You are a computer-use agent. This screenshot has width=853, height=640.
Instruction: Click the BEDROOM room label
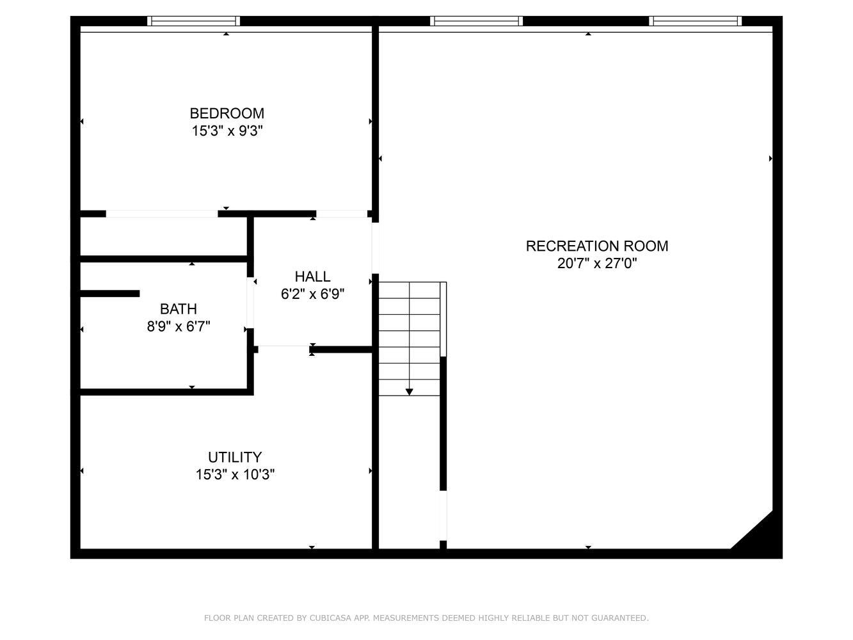(x=227, y=113)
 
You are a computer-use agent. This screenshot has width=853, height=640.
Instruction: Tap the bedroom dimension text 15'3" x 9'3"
(x=227, y=131)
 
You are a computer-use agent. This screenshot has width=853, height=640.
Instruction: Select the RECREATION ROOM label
(x=597, y=246)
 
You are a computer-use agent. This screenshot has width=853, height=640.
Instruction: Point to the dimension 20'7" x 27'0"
(x=597, y=264)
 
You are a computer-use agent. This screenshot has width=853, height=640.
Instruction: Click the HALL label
(x=312, y=276)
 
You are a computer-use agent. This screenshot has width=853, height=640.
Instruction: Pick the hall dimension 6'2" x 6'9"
(x=312, y=294)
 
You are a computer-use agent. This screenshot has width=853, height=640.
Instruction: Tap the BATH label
(x=179, y=309)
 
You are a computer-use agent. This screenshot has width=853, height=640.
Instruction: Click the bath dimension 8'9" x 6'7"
(x=179, y=326)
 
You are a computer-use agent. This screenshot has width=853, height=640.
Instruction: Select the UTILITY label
(x=235, y=457)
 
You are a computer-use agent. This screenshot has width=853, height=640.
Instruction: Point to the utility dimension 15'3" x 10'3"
(x=235, y=474)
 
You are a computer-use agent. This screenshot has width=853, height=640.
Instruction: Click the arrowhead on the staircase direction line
(x=409, y=392)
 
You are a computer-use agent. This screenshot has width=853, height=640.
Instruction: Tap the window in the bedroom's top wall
(x=193, y=21)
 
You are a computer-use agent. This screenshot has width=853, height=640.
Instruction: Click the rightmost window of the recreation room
(x=695, y=21)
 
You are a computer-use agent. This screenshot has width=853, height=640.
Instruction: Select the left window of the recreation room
(x=476, y=21)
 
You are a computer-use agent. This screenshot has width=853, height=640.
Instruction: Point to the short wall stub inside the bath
(x=109, y=293)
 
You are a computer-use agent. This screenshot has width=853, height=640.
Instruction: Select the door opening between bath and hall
(x=250, y=303)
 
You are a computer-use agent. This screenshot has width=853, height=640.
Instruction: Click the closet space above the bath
(x=163, y=236)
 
